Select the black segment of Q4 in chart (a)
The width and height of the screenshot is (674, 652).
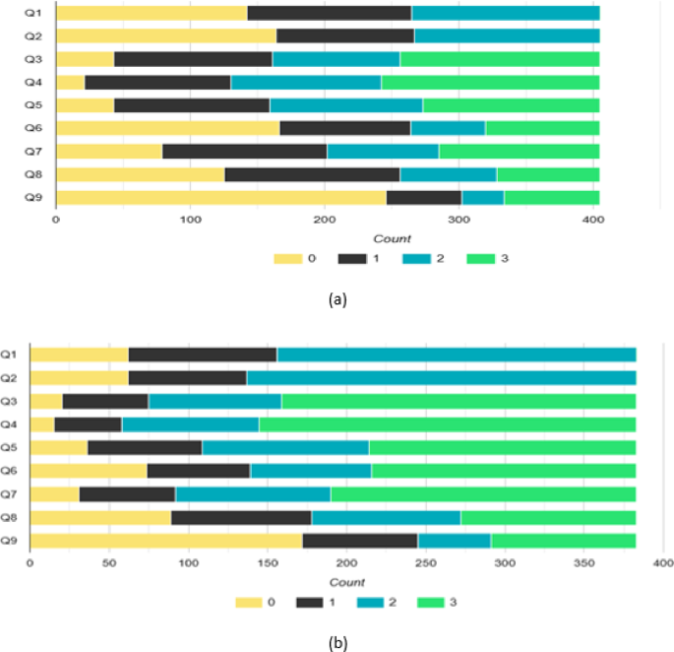click(157, 83)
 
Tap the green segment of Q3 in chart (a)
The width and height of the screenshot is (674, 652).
click(499, 59)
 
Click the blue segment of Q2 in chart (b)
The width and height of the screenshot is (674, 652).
click(441, 378)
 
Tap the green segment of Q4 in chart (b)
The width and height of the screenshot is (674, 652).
click(447, 424)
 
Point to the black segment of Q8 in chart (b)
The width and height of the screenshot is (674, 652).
click(241, 518)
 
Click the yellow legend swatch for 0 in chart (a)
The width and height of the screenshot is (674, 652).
click(287, 259)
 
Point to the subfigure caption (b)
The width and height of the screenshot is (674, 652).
click(337, 642)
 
